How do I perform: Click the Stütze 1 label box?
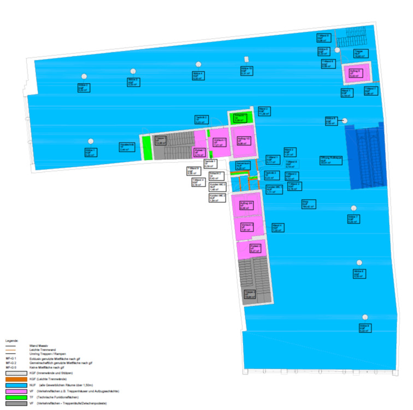click(90, 152)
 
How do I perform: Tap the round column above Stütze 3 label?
click(131, 71)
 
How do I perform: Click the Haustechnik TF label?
click(127, 146)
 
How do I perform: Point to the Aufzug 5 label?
click(356, 73)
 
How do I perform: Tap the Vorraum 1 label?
click(220, 143)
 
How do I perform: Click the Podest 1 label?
click(199, 152)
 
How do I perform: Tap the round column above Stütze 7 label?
click(353, 208)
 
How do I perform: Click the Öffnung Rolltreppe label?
click(331, 160)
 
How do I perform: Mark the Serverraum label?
click(243, 166)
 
